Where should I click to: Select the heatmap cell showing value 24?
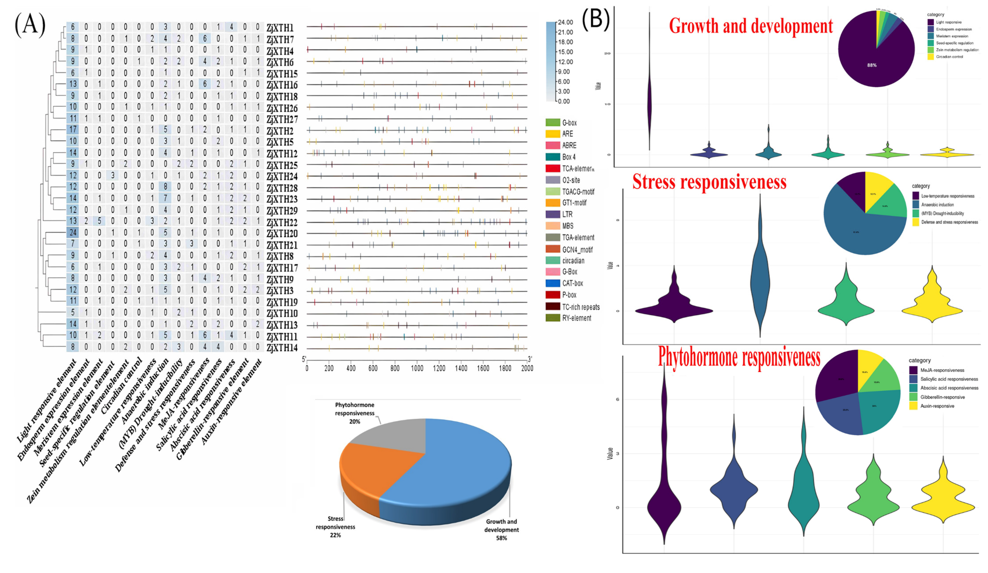[x=73, y=232]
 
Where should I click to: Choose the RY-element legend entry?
[x=576, y=318]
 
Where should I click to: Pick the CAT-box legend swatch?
[x=553, y=283]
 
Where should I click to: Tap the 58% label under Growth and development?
[x=502, y=538]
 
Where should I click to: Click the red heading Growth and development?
[x=751, y=26]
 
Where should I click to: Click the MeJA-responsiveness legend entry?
[x=942, y=370]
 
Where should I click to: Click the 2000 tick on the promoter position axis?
[x=527, y=368]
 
